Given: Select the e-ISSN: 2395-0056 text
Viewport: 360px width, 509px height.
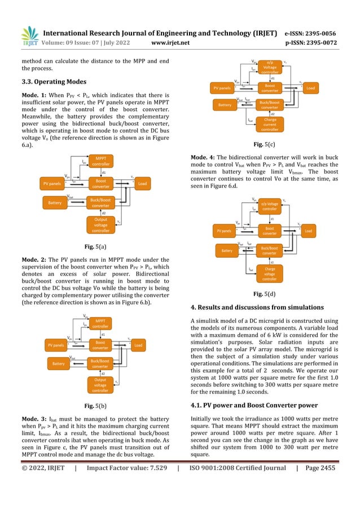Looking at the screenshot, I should pos(309,33).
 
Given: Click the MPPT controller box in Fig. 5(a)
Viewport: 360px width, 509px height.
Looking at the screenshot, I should pos(101,161).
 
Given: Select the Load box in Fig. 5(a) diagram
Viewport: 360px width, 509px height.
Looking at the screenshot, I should pos(142,184).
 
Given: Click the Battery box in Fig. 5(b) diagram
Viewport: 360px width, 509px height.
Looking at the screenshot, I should pos(58,364).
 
